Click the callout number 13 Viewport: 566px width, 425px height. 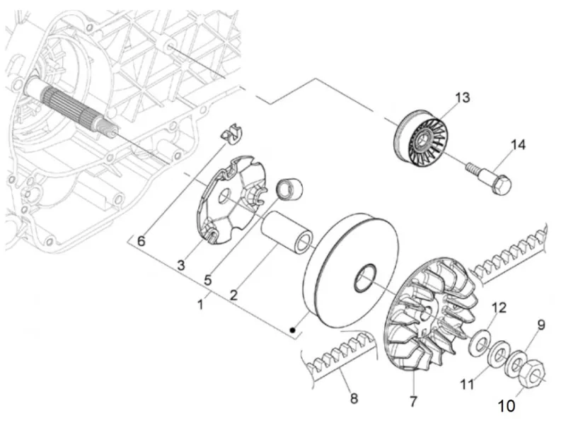tap(462, 98)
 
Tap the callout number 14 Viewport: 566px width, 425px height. tap(518, 145)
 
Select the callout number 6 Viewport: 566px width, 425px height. tap(141, 241)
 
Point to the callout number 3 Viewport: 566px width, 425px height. tap(181, 265)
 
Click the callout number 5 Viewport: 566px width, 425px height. tap(207, 280)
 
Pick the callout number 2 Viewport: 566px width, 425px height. tap(233, 295)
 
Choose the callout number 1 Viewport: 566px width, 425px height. tap(200, 305)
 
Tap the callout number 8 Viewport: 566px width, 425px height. tap(354, 398)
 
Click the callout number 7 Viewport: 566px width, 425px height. tap(413, 401)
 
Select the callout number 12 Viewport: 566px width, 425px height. tap(499, 308)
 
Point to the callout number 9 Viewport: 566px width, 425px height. tap(541, 325)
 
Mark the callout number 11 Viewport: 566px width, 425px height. tap(467, 384)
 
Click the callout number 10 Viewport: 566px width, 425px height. tap(507, 406)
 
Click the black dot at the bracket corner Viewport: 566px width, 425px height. tap(293, 330)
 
